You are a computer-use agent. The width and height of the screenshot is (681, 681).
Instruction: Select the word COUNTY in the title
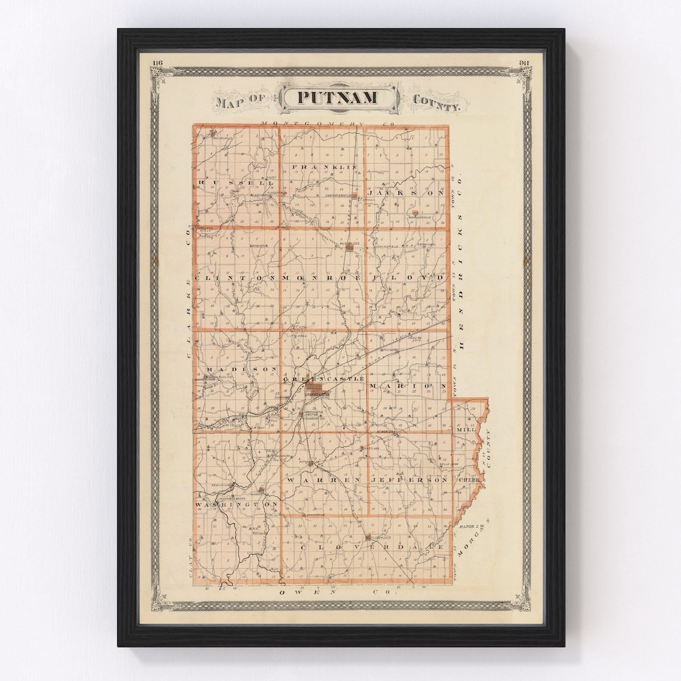(x=436, y=102)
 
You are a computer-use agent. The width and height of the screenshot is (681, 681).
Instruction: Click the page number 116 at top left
(x=157, y=62)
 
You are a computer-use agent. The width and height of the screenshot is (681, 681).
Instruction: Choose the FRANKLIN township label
(x=324, y=167)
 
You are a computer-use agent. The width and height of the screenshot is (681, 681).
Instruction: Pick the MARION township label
(x=408, y=385)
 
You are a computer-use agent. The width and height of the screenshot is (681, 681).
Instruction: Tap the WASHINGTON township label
(x=236, y=505)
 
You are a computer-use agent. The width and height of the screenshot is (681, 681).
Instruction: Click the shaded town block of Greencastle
(x=315, y=388)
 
